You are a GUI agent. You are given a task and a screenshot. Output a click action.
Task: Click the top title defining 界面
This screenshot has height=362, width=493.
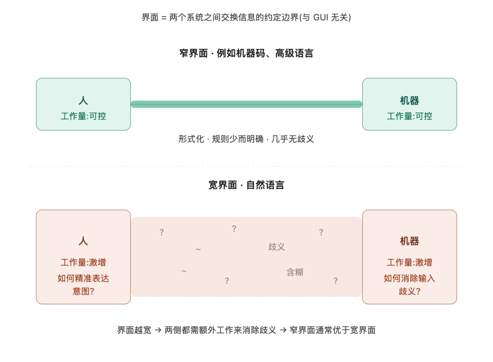[246, 18]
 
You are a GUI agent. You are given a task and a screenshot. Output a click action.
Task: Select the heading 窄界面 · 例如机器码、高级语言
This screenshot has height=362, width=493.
[246, 53]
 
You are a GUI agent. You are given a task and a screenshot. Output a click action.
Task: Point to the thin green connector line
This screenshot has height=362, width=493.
[246, 104]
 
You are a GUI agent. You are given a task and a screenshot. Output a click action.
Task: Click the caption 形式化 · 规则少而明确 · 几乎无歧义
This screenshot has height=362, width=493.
[246, 139]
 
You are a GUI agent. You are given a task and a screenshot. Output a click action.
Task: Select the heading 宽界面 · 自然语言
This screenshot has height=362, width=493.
[246, 185]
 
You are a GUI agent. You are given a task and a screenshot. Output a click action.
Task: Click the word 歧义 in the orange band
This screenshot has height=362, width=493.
[277, 247]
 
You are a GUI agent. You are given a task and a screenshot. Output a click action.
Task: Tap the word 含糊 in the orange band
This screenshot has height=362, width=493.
[294, 272]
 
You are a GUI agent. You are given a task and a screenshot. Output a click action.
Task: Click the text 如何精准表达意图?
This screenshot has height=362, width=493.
[83, 284]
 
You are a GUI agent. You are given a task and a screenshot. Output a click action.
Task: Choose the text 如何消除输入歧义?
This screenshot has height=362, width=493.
[409, 284]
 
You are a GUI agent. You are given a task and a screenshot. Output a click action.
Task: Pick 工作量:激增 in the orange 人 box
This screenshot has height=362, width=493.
[83, 263]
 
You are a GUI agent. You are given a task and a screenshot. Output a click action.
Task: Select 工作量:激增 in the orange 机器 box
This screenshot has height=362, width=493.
[409, 263]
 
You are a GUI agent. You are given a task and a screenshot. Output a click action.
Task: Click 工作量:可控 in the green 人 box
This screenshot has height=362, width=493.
[83, 116]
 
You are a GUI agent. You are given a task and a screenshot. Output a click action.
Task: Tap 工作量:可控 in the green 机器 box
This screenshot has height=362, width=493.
[409, 116]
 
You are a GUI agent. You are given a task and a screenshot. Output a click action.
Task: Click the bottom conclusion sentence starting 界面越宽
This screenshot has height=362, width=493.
[246, 330]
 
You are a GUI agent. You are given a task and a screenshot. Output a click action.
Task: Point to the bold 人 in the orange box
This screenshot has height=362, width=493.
[83, 241]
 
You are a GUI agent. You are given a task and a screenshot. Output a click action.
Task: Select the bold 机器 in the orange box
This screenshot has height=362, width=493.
[409, 241]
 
